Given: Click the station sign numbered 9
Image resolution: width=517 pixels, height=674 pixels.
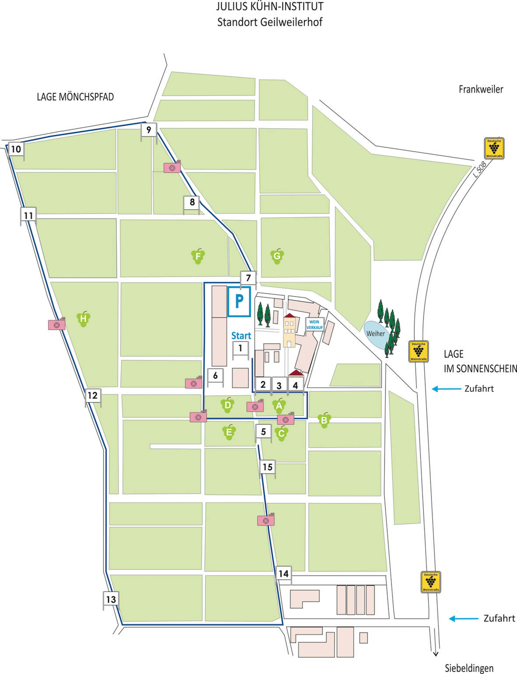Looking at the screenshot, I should coord(149,130).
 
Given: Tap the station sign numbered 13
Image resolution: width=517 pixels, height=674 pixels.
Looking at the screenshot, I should coord(111,599).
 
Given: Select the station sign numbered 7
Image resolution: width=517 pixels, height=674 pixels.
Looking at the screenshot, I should coord(248,278).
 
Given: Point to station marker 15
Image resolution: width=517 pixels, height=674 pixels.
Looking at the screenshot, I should coord(267,467).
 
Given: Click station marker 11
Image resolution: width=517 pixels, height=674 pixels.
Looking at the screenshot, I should coord(28,215).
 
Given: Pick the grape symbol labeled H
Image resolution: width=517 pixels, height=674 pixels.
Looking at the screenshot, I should coord(83,319).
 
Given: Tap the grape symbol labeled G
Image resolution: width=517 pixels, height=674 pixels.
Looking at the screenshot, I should coord(277,256).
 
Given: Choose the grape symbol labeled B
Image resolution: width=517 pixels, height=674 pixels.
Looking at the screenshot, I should coord(324,420).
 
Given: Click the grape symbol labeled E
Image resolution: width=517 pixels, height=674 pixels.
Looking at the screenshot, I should coord(229,432).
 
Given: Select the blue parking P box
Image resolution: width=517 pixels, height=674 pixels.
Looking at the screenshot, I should coord(239,302).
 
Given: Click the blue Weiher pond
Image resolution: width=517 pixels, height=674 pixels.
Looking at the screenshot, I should coord(376,333).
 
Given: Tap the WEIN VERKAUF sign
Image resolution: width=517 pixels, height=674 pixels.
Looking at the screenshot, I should coord(314,325).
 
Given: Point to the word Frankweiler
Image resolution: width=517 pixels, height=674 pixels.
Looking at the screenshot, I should coord(481,89).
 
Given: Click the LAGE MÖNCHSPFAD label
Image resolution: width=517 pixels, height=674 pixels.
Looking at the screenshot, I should coord(75,97).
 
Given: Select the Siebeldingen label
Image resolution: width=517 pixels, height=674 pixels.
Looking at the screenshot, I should coord(469,668).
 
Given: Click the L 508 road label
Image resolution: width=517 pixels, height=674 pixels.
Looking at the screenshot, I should coord(480,169).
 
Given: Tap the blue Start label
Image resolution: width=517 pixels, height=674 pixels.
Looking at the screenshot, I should coord(241,336).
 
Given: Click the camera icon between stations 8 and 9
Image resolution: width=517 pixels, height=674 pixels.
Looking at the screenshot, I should coord(172,167).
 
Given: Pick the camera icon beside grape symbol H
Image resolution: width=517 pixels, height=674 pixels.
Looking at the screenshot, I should coord(57,324).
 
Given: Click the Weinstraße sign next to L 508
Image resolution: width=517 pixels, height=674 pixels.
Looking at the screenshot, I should coord(494,148).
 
